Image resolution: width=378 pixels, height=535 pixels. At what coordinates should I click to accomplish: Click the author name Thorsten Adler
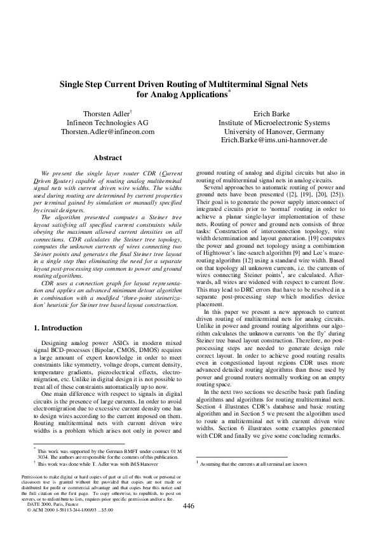pos(106,113)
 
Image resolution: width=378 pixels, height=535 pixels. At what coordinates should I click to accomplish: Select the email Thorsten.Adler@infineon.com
pos(107,132)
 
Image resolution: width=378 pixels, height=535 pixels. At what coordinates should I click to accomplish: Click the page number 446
pos(188,506)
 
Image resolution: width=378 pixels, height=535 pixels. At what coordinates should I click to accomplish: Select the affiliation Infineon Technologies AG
pos(107,123)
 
